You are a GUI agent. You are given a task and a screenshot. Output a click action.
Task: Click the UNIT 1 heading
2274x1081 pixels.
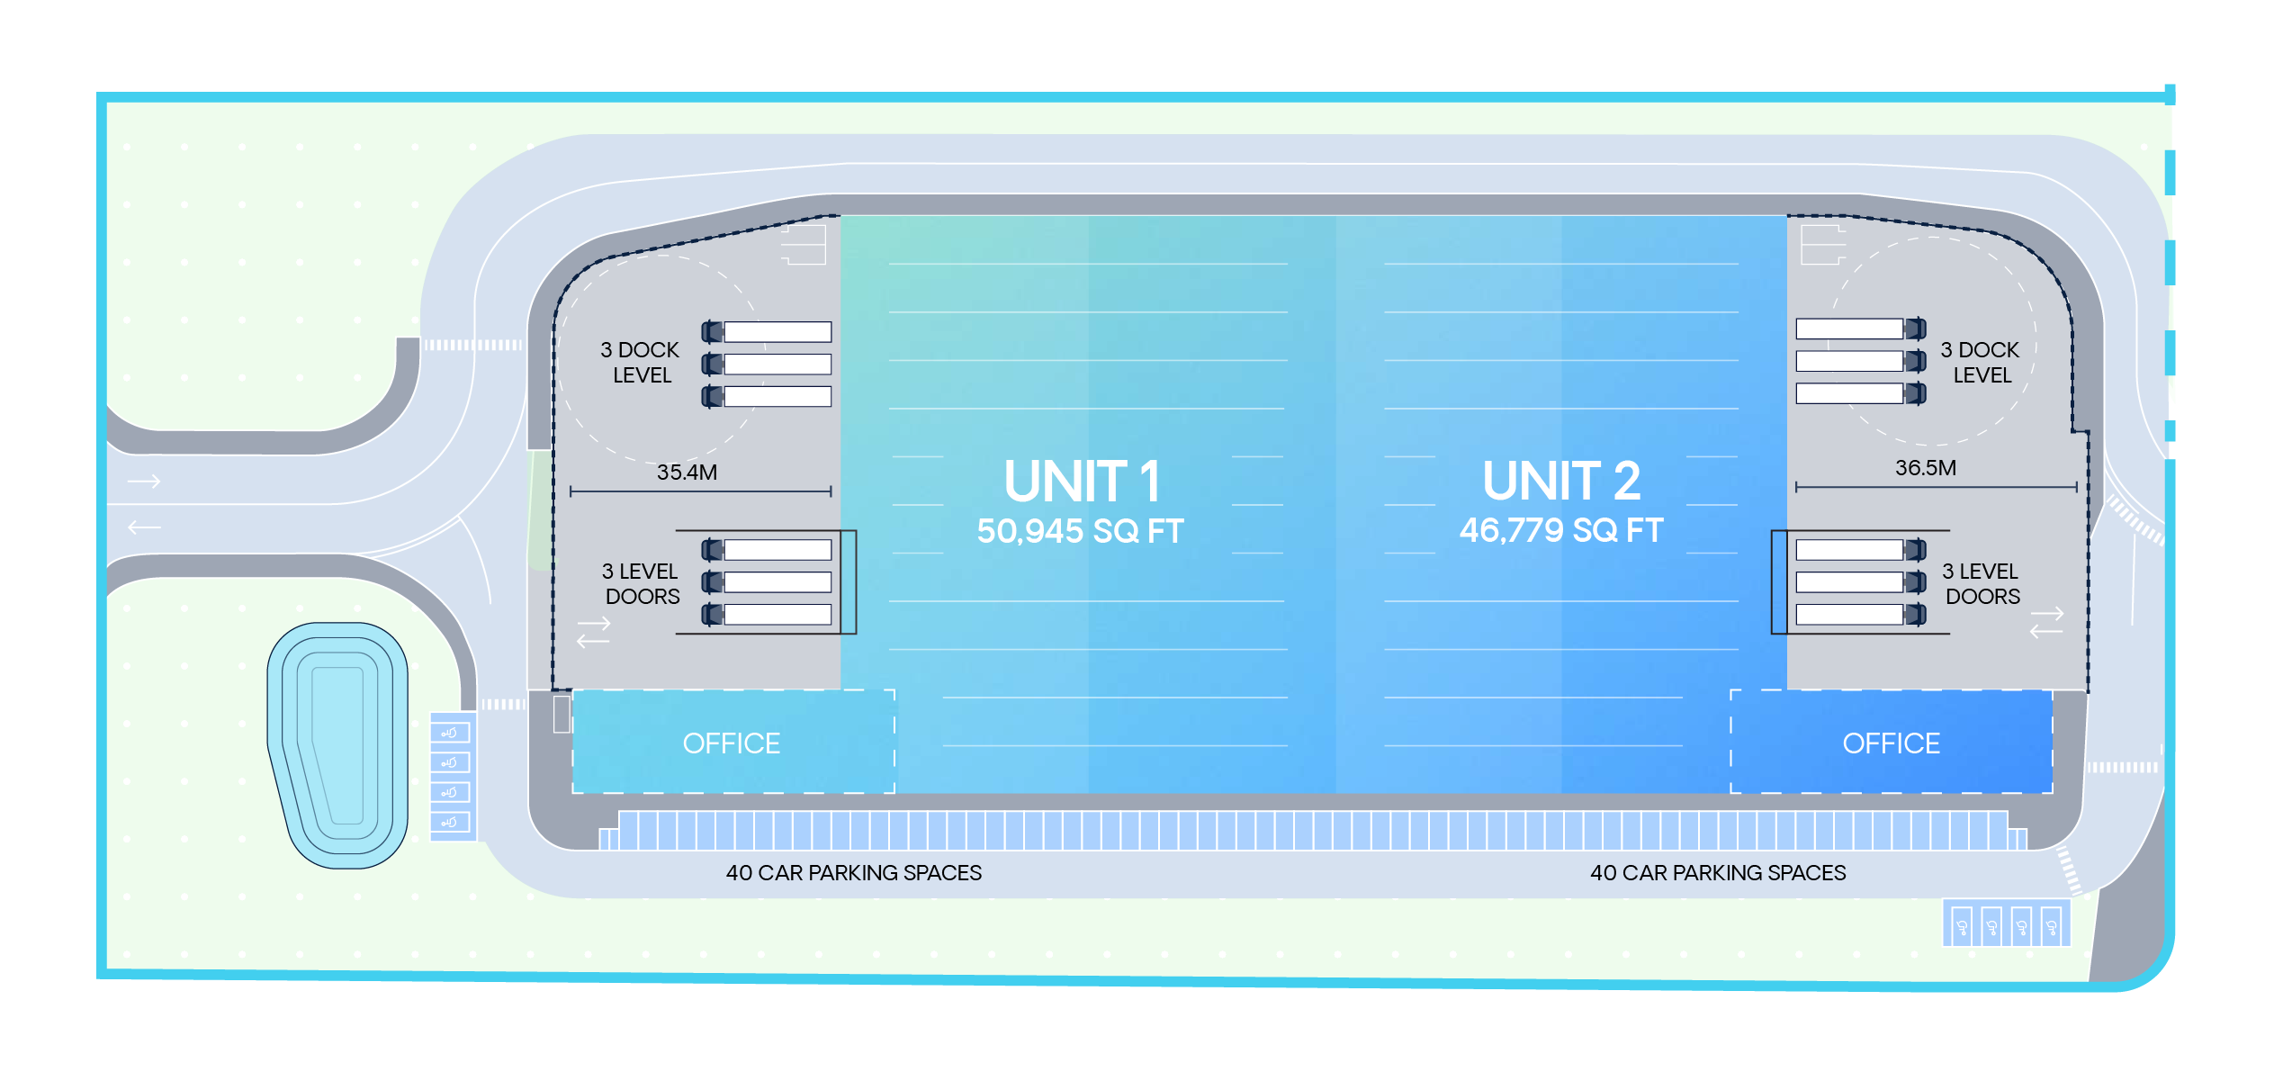coord(1082,482)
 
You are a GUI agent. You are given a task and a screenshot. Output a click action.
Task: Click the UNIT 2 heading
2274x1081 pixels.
coord(1561,482)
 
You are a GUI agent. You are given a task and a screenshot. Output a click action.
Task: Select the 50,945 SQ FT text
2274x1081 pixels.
coord(1080,531)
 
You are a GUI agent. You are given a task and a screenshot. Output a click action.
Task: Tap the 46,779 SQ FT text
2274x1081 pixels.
coord(1561,530)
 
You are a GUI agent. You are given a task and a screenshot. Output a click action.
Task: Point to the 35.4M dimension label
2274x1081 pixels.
coord(687,473)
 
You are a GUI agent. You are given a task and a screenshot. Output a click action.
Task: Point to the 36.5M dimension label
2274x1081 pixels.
coord(1925,468)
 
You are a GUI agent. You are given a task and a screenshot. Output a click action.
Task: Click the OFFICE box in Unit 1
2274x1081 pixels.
coord(732,743)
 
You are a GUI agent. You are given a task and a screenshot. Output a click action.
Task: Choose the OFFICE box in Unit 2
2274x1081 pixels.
coord(1891,743)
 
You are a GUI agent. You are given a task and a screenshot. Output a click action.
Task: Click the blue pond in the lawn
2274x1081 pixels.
coord(337,745)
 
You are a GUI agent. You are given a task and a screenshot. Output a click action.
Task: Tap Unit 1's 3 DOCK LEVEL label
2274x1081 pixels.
coord(640,363)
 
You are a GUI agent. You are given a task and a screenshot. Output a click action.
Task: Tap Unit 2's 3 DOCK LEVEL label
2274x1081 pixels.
coord(1980,363)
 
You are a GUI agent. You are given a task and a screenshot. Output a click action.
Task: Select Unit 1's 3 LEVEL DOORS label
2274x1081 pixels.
coord(641,584)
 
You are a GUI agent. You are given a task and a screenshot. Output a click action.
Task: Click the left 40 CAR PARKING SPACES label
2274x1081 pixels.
coord(853,873)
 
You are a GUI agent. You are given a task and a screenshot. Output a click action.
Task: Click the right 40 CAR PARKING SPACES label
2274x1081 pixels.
coord(1717,873)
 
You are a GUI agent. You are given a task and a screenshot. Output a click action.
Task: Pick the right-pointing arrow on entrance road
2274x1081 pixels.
coord(144,482)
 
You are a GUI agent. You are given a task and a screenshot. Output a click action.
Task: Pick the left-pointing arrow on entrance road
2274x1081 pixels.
coord(144,527)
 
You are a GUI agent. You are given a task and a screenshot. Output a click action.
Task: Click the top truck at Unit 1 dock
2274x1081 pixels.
coord(767,332)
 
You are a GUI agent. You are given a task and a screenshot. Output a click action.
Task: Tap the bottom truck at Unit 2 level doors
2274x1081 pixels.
coord(1860,615)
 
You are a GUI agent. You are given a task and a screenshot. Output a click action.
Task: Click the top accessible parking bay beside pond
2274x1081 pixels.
coord(451,733)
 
